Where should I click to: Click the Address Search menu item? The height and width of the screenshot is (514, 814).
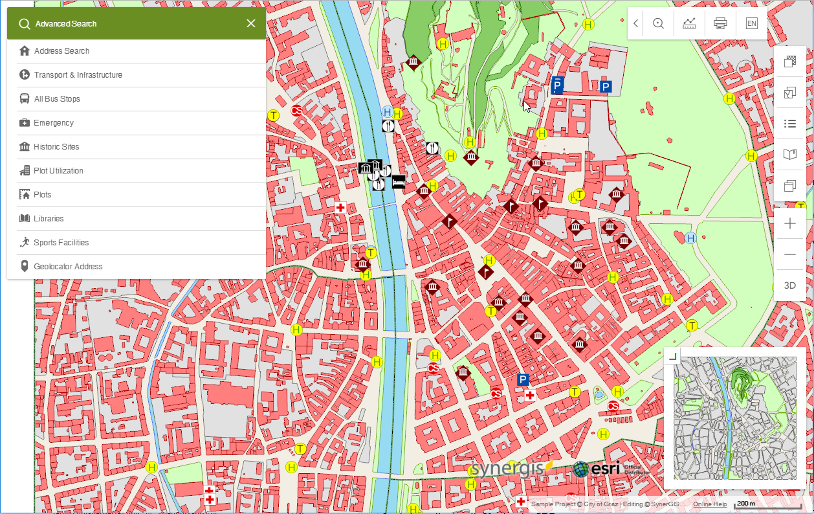tap(61, 51)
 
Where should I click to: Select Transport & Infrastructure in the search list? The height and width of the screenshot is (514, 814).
tap(78, 75)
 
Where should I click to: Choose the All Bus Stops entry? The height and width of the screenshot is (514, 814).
tap(57, 99)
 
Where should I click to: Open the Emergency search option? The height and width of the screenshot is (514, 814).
tap(54, 123)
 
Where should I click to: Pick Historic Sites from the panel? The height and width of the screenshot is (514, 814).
tap(56, 147)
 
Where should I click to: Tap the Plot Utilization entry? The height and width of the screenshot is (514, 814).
tap(58, 171)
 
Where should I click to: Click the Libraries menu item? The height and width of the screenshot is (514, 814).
tap(49, 219)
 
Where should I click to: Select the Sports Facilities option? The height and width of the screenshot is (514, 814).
tap(61, 243)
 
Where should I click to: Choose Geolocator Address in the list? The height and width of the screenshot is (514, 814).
tap(68, 267)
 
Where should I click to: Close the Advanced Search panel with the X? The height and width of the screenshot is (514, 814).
tap(251, 24)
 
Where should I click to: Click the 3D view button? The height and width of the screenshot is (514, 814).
tap(789, 285)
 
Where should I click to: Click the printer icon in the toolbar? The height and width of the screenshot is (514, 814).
tap(720, 23)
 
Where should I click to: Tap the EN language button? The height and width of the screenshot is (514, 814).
tap(751, 23)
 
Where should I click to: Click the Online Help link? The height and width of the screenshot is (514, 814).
tap(710, 504)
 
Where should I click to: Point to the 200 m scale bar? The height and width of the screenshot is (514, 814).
tap(746, 504)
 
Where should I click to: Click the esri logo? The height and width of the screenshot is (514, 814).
tap(597, 469)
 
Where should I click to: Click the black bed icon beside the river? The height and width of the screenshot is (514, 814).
tap(399, 181)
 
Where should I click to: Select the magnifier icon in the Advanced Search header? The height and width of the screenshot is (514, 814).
tap(25, 24)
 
